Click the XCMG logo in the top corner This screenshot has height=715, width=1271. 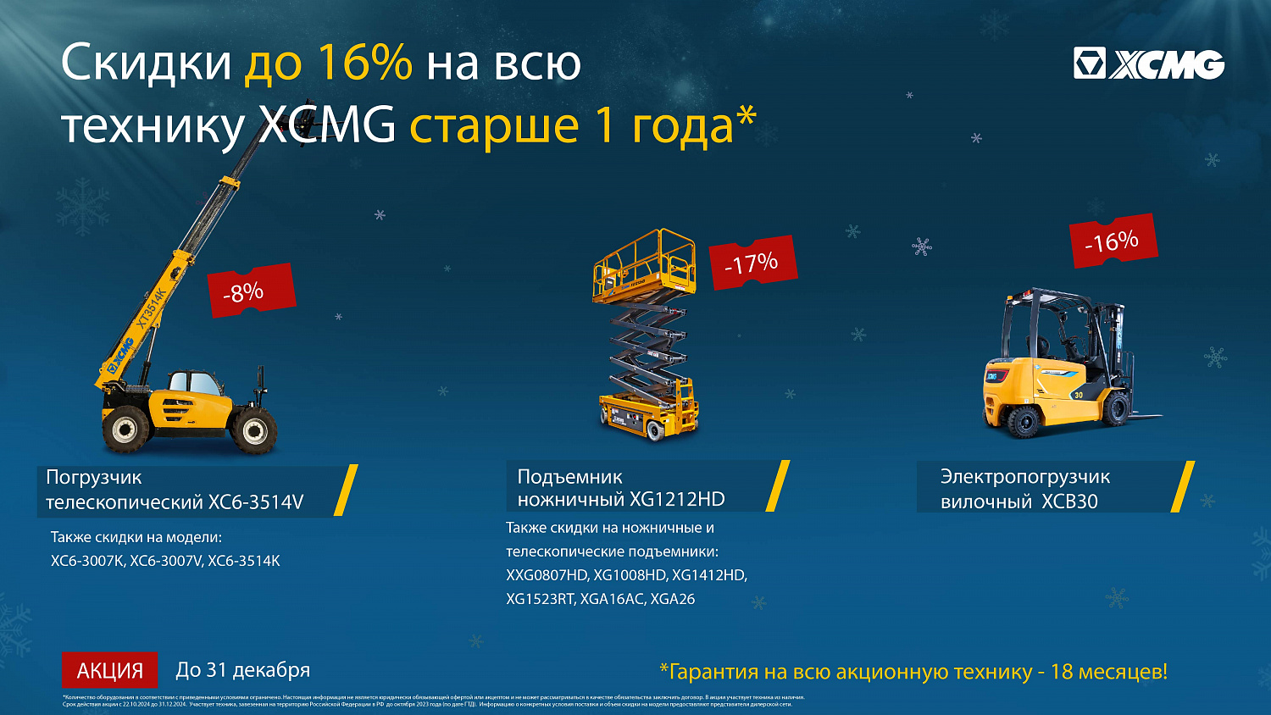click(x=1148, y=64)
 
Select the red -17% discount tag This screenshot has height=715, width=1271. click(x=752, y=263)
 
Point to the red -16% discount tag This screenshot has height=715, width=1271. click(x=1112, y=241)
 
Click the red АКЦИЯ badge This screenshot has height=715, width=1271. click(x=110, y=671)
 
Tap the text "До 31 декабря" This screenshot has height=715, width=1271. click(x=242, y=670)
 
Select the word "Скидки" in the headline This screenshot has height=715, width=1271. click(x=146, y=63)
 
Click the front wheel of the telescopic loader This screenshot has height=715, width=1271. click(x=254, y=430)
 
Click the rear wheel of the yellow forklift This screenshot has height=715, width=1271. click(x=1024, y=421)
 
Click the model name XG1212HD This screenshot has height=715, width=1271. click(x=677, y=500)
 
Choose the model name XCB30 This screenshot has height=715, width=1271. click(x=1069, y=502)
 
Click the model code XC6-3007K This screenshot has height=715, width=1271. click(x=87, y=561)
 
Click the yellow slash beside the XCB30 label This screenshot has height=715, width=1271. click(x=1183, y=486)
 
